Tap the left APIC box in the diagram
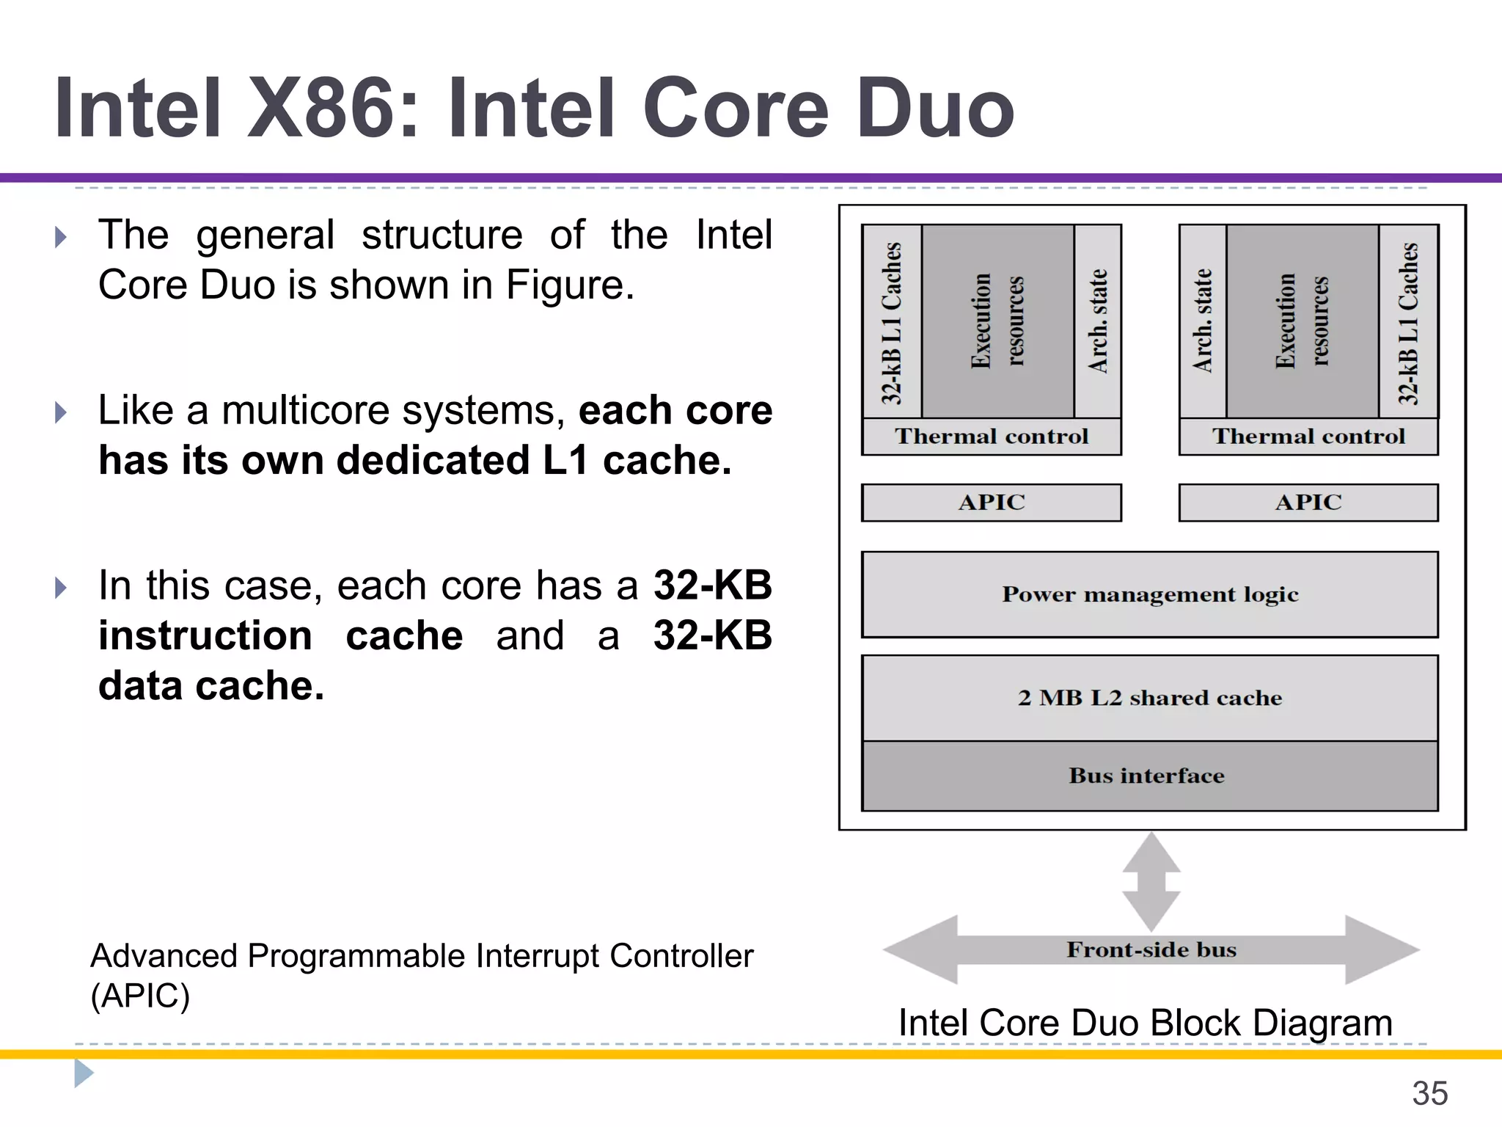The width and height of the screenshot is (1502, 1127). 991,503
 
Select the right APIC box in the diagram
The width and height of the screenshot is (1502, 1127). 1308,503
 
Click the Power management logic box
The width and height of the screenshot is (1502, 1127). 1149,594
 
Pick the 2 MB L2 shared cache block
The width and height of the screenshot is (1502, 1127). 1149,698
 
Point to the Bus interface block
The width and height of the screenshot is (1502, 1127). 1149,776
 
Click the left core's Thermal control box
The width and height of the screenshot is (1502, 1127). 991,437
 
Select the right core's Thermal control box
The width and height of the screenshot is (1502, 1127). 1308,437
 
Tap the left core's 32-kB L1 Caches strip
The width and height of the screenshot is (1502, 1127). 892,323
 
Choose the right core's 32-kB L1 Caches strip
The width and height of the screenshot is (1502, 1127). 1408,323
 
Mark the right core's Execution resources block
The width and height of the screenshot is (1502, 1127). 1302,321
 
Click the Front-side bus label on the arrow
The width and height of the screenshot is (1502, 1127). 1151,949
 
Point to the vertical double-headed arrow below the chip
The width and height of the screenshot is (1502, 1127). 1151,881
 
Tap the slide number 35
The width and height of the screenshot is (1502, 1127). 1429,1093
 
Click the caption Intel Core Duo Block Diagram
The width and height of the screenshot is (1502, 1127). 1145,1022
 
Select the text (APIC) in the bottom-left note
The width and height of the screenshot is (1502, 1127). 140,996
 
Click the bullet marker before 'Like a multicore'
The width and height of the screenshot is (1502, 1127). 61,412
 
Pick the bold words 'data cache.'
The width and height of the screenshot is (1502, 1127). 211,686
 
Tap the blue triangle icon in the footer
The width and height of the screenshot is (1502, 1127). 83,1073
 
